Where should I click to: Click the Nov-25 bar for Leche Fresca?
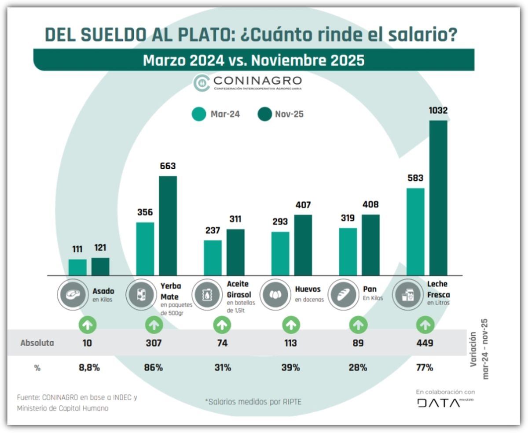(438, 198)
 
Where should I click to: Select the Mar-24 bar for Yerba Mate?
(145, 248)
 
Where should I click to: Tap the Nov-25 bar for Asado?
(100, 266)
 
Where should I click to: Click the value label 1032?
(438, 111)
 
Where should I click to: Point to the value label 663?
(168, 166)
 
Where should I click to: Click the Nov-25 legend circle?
(265, 115)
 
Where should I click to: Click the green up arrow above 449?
(425, 325)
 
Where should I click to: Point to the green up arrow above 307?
(154, 325)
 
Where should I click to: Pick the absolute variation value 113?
(290, 343)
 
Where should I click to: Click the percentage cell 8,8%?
(87, 367)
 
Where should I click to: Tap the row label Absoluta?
(37, 343)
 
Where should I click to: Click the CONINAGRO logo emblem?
(202, 83)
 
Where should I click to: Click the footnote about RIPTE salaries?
(253, 401)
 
